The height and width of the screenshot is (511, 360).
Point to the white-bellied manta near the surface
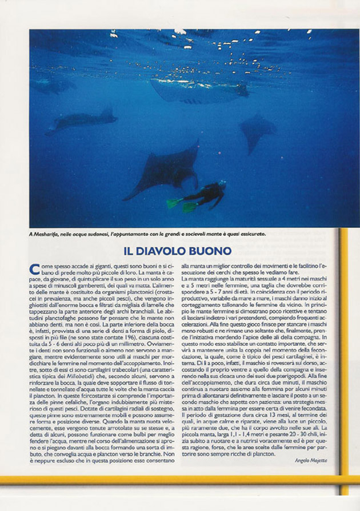click(197, 91)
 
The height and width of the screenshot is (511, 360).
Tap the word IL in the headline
click(130, 251)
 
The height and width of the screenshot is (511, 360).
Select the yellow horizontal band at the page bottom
click(171, 480)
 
